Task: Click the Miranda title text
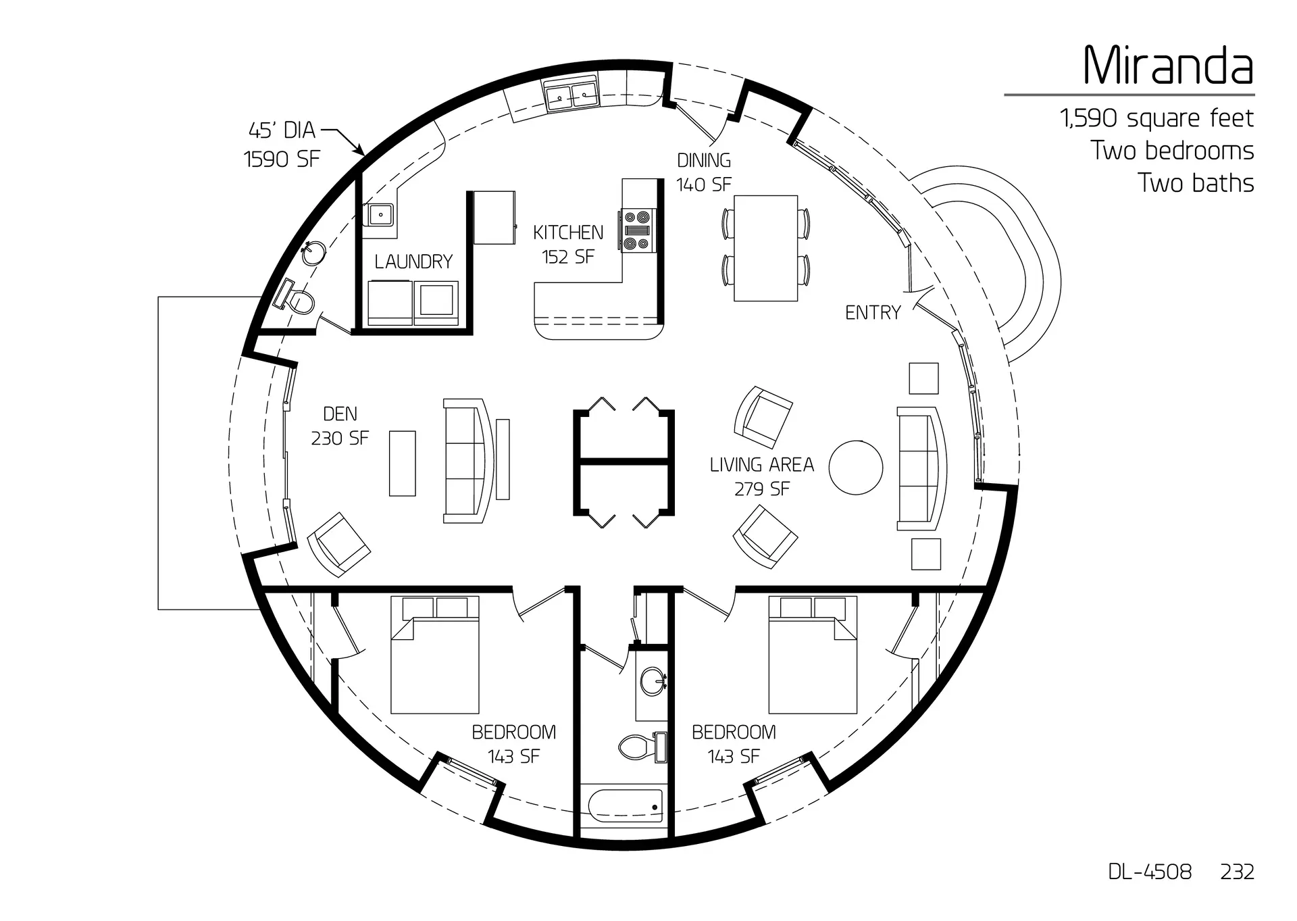pyautogui.click(x=1168, y=66)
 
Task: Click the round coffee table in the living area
pyautogui.click(x=856, y=468)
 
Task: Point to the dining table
pyautogui.click(x=765, y=248)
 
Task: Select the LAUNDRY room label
pyautogui.click(x=413, y=262)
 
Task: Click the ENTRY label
pyautogui.click(x=873, y=312)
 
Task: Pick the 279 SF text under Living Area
pyautogui.click(x=761, y=489)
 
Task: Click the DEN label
pyautogui.click(x=340, y=414)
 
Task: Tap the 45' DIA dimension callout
pyautogui.click(x=282, y=130)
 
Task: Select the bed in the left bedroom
pyautogui.click(x=435, y=655)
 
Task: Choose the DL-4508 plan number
pyautogui.click(x=1150, y=872)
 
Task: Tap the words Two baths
pyautogui.click(x=1195, y=183)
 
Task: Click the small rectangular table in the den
pyautogui.click(x=403, y=464)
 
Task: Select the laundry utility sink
pyautogui.click(x=382, y=216)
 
